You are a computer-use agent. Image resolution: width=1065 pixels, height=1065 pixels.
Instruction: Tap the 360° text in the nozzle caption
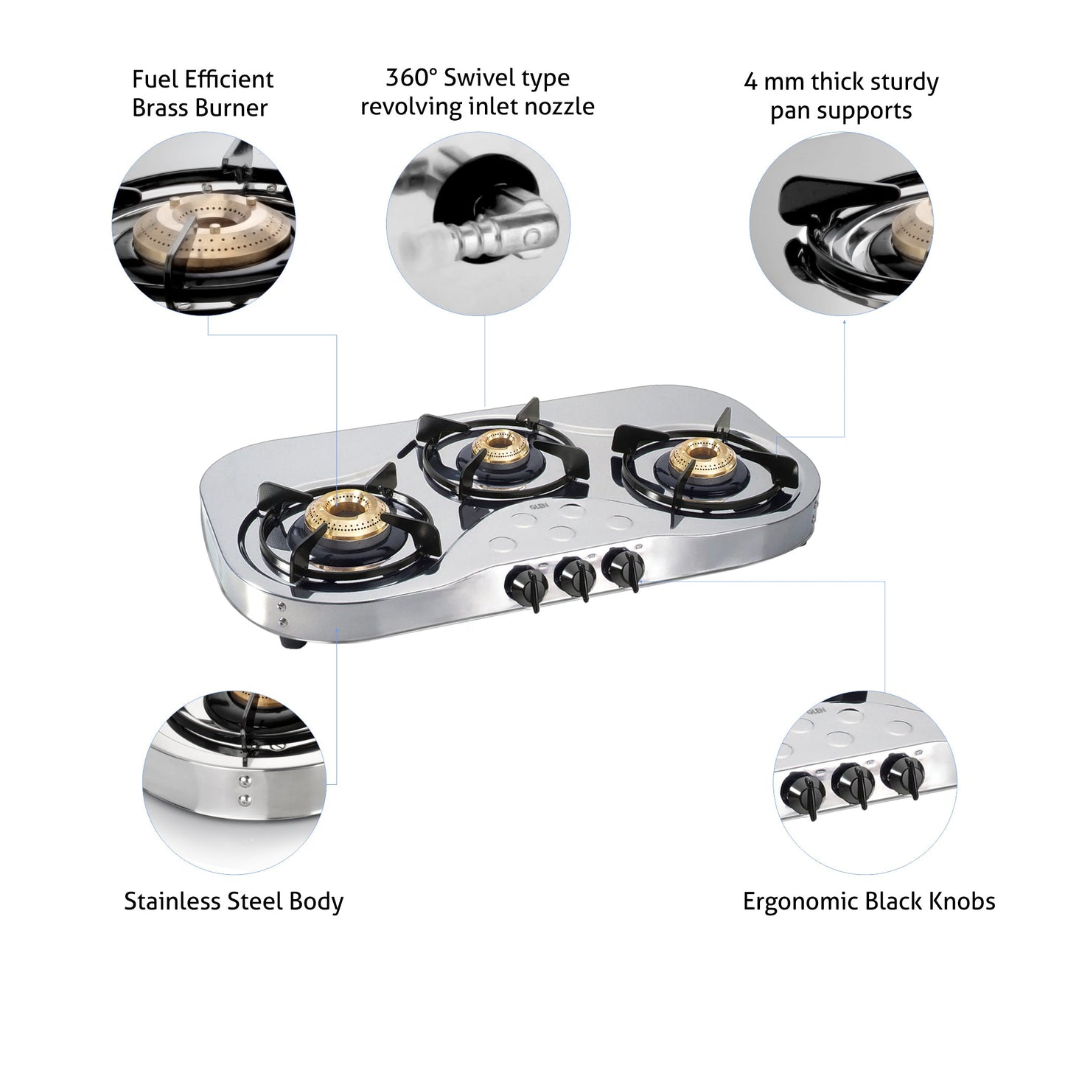coord(412,78)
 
